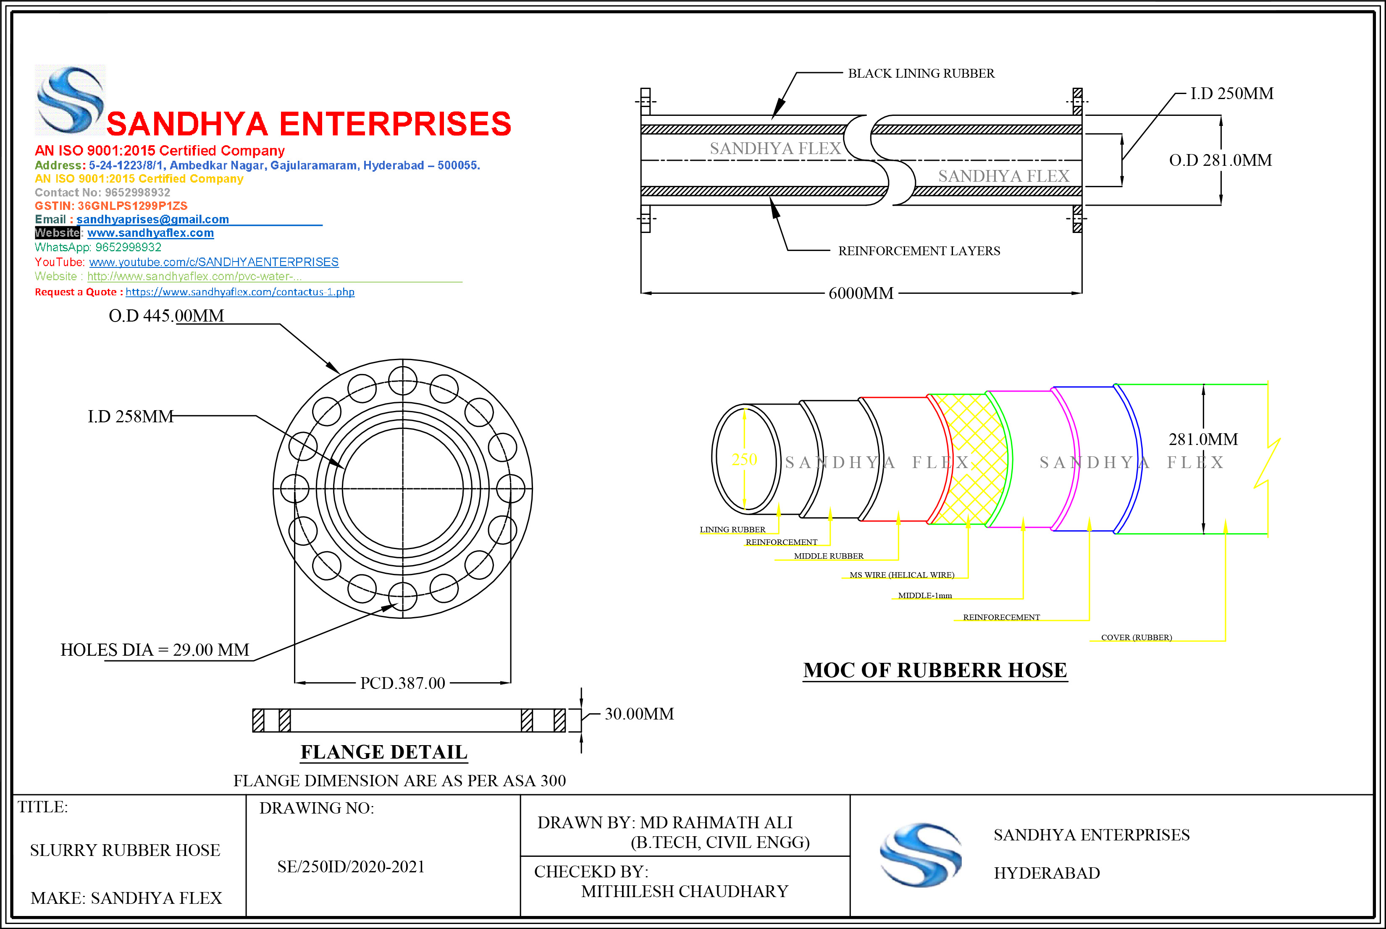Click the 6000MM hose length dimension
[x=861, y=293]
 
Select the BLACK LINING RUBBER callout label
[x=921, y=73]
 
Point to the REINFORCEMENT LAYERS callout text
[x=919, y=251]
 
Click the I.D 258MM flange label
[x=131, y=416]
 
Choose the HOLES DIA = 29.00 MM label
[x=155, y=650]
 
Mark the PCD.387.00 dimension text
[x=402, y=683]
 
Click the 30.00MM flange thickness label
[x=639, y=714]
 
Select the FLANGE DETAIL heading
[x=384, y=752]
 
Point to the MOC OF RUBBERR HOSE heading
[x=935, y=670]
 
